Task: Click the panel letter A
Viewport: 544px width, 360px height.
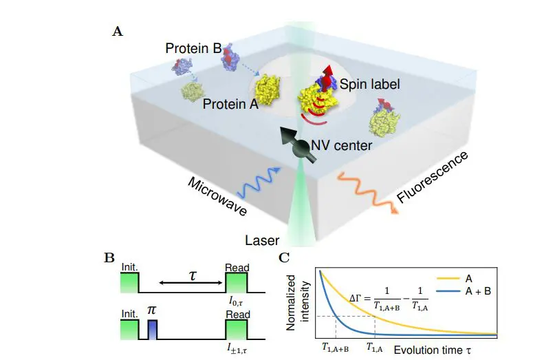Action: tap(116, 31)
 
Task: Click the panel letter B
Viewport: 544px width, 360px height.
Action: tap(109, 259)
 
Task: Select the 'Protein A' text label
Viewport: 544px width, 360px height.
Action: tap(226, 105)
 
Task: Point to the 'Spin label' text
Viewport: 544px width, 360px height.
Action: tap(368, 83)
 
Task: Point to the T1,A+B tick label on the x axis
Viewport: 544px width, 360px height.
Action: tap(336, 348)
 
